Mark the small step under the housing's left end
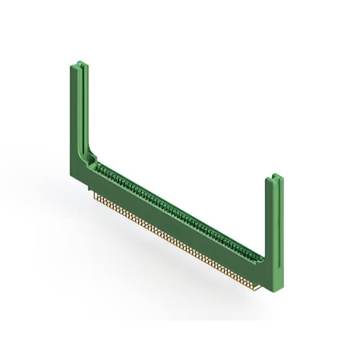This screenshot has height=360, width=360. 91,191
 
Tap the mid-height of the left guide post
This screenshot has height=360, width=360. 78,112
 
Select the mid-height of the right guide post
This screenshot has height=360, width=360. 274,231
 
